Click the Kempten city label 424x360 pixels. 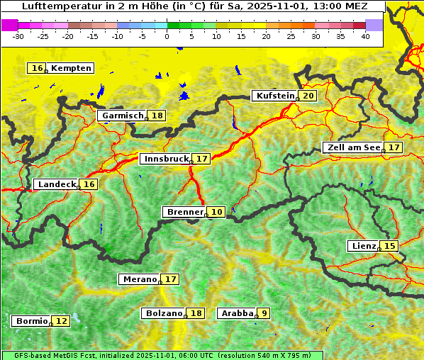(71, 68)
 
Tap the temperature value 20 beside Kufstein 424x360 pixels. (308, 96)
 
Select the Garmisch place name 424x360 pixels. (123, 116)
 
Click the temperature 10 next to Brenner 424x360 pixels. (217, 212)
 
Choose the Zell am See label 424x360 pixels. (352, 147)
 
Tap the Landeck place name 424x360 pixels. (57, 184)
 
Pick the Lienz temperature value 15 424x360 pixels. (390, 246)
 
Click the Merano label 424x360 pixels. (140, 279)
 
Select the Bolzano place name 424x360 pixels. (164, 313)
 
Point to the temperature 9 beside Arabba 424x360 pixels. (264, 313)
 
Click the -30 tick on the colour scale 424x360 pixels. (19, 35)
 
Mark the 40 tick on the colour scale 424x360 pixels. (365, 35)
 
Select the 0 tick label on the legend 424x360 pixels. (167, 35)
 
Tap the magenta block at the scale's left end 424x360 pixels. (10, 25)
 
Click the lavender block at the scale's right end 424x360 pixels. (374, 25)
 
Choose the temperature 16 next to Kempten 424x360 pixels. (37, 68)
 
